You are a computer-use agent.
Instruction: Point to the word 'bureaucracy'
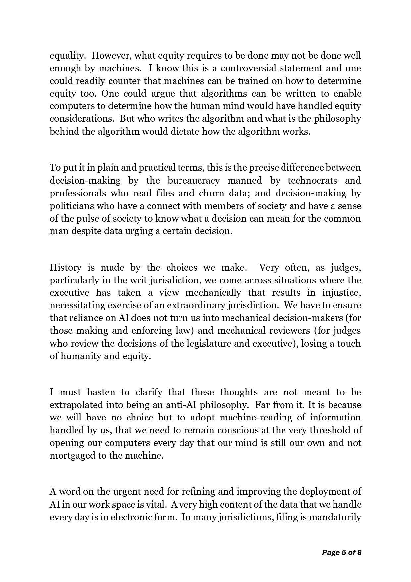pos(193,181)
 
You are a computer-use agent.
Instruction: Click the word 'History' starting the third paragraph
pos(65,268)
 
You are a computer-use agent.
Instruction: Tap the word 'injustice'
pos(341,293)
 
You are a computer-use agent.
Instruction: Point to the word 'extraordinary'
pos(197,305)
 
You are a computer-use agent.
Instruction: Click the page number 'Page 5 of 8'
pos(341,552)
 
